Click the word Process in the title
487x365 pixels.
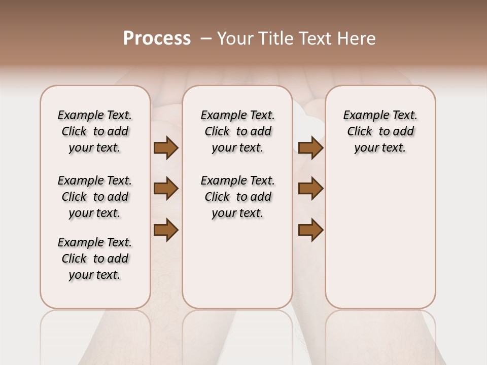[157, 39]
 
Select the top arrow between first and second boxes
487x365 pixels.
[166, 148]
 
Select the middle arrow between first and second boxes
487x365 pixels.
[166, 189]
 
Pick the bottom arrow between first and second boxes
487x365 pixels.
[166, 230]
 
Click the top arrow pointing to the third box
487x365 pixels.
[310, 148]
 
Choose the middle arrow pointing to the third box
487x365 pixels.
[310, 189]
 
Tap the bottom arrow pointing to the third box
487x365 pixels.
[310, 230]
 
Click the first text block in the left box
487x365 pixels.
[95, 131]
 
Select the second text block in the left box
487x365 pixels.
[95, 197]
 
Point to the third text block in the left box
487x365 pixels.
[95, 259]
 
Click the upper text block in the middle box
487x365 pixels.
[237, 131]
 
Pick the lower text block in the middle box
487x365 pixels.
[237, 197]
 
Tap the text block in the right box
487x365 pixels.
[380, 131]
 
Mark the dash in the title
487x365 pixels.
[206, 39]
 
